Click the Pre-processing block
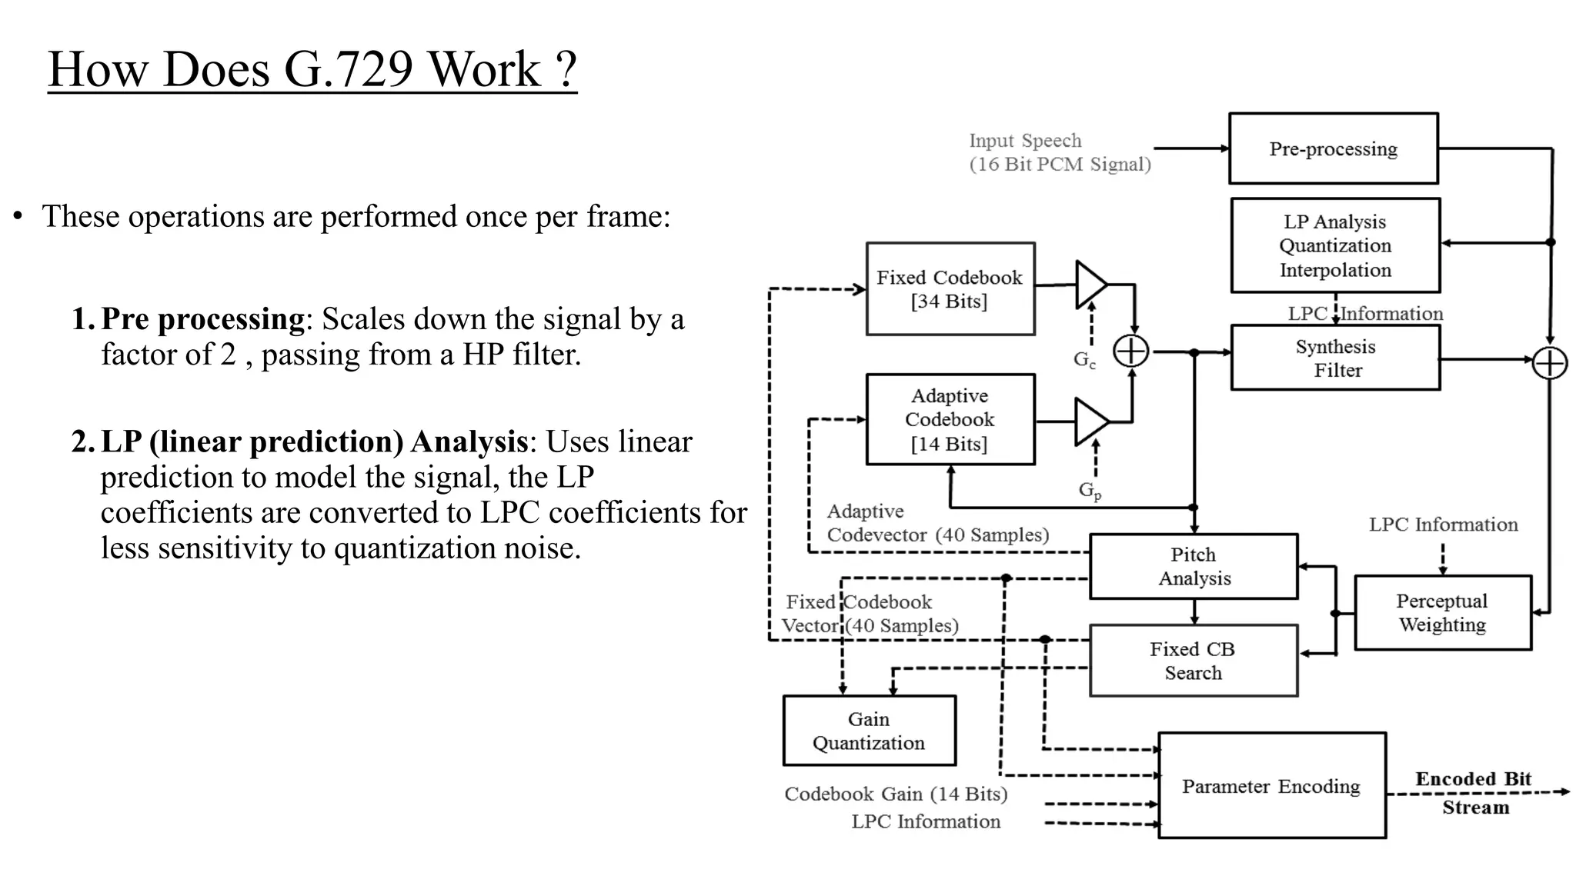[x=1333, y=148]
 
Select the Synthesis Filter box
[x=1335, y=358]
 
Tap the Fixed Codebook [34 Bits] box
[x=950, y=289]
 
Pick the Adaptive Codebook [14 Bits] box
[x=950, y=419]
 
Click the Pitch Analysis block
[x=1194, y=566]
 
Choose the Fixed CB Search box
[x=1193, y=661]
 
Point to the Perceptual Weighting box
[x=1442, y=613]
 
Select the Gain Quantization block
[x=869, y=731]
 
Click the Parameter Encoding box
[x=1271, y=786]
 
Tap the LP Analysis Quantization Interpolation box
[x=1335, y=245]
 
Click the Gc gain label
[x=1084, y=359]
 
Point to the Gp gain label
[x=1090, y=490]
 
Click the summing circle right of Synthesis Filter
[x=1549, y=363]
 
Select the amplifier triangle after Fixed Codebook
[x=1090, y=285]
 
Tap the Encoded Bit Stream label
[x=1474, y=792]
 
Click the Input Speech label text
[x=1025, y=141]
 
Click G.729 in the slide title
[x=349, y=69]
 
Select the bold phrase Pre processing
[x=203, y=318]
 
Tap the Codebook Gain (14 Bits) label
[x=896, y=794]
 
